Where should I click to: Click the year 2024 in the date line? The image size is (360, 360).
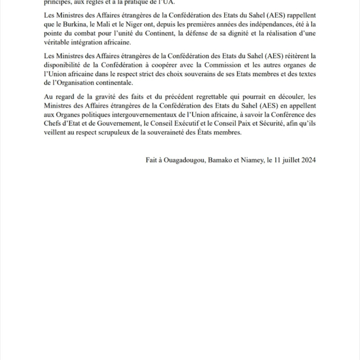(x=307, y=159)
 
